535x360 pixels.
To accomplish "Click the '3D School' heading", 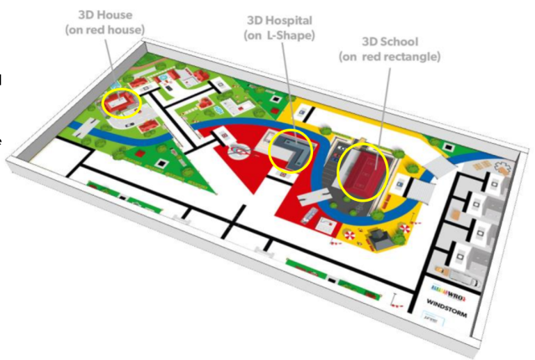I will [390, 41].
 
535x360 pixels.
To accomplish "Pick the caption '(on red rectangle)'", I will [389, 56].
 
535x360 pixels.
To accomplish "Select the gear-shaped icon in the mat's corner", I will [502, 165].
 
